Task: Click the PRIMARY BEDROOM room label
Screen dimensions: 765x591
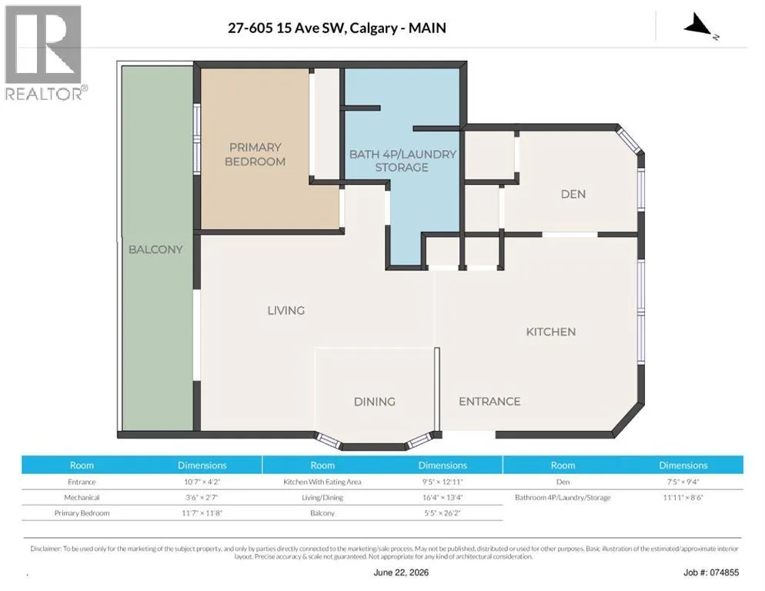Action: [x=255, y=154]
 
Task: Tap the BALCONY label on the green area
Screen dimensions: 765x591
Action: [x=155, y=249]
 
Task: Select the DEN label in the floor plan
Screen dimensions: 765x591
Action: [x=573, y=194]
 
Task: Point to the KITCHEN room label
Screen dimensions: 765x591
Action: [x=551, y=332]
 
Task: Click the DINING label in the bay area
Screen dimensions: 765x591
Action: [x=374, y=402]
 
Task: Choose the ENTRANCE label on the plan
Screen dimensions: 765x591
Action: [x=489, y=401]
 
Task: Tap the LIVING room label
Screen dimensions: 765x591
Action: [x=286, y=310]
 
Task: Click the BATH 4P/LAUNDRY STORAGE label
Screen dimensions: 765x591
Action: [x=403, y=161]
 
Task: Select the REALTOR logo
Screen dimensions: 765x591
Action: [x=44, y=52]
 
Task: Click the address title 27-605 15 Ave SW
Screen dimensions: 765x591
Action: [x=287, y=28]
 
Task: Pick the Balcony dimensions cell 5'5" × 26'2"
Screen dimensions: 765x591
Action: [x=443, y=513]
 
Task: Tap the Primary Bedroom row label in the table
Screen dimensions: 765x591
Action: [x=82, y=513]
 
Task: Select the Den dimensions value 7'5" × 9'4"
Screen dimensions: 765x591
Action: [x=683, y=482]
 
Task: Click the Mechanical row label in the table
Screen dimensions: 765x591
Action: [x=82, y=497]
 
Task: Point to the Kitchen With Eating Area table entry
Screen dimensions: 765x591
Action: [x=322, y=482]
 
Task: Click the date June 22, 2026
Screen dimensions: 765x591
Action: [x=401, y=573]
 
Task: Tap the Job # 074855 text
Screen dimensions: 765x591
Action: [x=711, y=573]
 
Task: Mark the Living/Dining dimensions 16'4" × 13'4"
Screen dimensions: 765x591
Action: [x=443, y=497]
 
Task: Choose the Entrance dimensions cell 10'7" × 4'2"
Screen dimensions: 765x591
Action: [x=202, y=482]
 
